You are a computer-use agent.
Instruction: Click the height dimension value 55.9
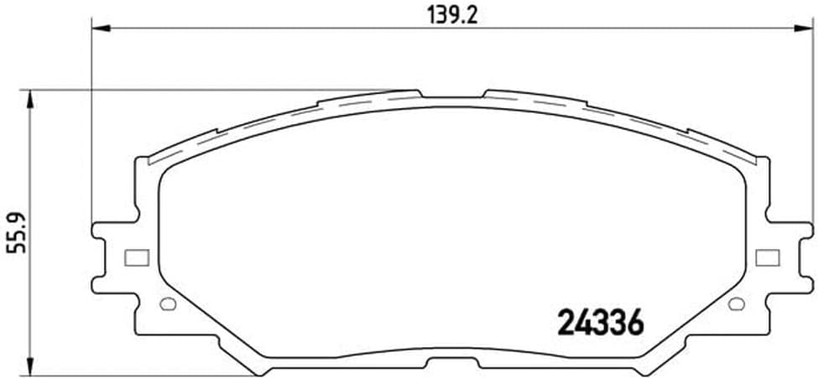(x=15, y=234)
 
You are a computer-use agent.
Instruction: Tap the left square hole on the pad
(x=136, y=258)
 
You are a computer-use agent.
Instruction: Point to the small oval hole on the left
(x=166, y=303)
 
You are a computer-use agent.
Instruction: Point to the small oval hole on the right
(x=737, y=303)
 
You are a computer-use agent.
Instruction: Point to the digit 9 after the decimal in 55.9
(x=15, y=215)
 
